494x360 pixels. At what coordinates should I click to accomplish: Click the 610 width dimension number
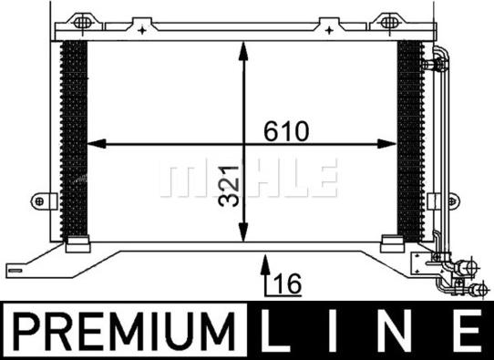[286, 131]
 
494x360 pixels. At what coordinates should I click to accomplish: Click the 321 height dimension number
[229, 186]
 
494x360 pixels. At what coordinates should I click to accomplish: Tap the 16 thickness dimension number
[288, 283]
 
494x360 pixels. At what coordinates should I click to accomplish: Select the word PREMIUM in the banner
[125, 331]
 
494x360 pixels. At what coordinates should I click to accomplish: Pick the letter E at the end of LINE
[470, 331]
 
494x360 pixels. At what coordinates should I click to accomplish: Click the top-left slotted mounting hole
[82, 23]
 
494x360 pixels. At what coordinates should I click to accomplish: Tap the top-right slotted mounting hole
[389, 22]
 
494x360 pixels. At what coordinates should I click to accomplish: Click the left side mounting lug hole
[39, 201]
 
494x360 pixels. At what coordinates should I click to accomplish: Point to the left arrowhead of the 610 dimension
[97, 144]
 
